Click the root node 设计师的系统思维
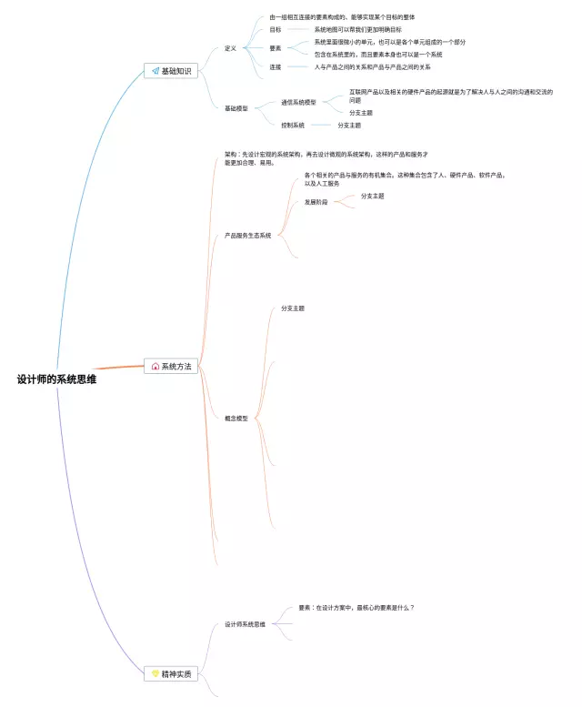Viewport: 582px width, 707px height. (56, 379)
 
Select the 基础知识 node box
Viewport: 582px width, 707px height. (171, 71)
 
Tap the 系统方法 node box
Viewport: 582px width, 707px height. (171, 366)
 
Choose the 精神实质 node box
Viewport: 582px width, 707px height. (171, 674)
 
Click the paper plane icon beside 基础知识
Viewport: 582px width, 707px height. (156, 71)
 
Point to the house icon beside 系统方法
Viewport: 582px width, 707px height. (156, 366)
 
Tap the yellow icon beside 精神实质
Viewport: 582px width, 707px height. (156, 674)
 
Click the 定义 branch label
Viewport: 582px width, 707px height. (230, 48)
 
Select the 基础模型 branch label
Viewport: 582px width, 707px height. (236, 108)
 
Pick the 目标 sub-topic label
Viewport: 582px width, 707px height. (275, 29)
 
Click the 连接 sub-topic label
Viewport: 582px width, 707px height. (275, 66)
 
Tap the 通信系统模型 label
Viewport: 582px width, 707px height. (298, 102)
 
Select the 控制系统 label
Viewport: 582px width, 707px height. (293, 125)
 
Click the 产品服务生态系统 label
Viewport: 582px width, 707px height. (247, 235)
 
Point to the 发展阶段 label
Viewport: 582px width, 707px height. (316, 202)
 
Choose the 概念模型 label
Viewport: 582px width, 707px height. (236, 419)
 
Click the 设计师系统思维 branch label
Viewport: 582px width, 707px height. (245, 624)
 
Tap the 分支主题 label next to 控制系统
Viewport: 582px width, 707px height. (349, 125)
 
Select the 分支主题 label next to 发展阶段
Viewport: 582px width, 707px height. (372, 196)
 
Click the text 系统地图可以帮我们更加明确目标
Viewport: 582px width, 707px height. (357, 29)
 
